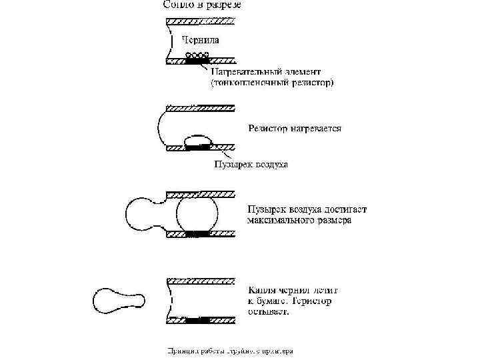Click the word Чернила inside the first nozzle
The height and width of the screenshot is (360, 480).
(192, 39)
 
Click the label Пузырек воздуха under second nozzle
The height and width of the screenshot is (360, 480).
(250, 164)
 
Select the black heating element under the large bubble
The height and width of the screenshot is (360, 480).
(197, 234)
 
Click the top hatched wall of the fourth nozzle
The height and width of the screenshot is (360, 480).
(200, 279)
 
